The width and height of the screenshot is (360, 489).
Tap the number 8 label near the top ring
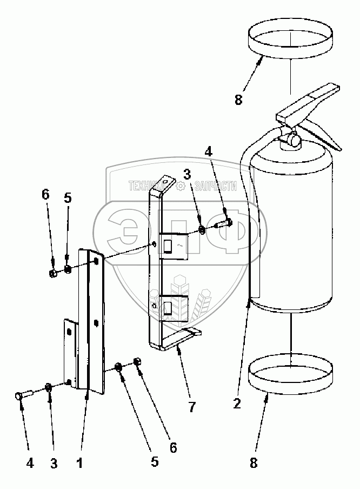239,100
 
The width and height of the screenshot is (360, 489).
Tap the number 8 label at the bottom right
254,462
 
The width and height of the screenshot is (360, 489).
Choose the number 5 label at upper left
68,199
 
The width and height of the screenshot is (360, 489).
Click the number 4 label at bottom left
29,462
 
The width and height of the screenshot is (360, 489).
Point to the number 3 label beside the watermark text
186,174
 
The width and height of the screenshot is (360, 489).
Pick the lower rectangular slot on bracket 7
168,309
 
